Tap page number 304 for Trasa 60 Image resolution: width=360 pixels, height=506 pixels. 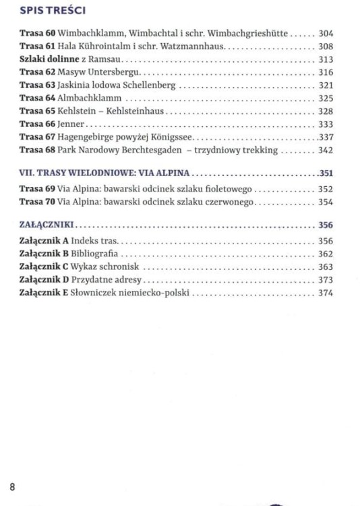coord(326,33)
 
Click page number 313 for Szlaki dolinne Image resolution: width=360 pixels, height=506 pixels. coord(326,59)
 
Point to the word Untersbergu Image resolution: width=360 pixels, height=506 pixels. coord(115,72)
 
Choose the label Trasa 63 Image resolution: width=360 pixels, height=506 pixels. coord(37,85)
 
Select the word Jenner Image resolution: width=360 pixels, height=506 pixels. coord(71,124)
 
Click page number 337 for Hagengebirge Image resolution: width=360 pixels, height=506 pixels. coord(326,137)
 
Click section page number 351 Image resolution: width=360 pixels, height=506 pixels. coord(326,173)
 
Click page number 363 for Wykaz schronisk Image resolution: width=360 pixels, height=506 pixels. coord(326,267)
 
